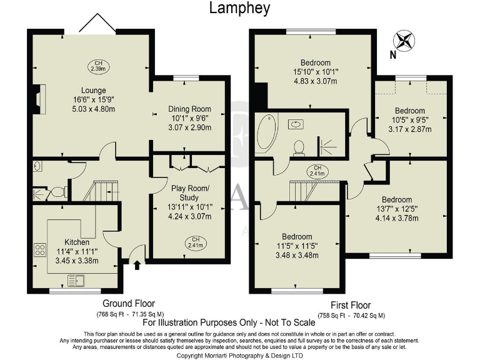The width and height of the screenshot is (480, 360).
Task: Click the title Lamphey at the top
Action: (239, 9)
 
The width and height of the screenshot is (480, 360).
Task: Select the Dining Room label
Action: (190, 109)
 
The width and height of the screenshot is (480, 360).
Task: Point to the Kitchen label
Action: (76, 242)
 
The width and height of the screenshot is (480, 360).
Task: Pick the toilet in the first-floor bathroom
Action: (299, 146)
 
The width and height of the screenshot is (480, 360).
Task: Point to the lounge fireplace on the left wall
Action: (39, 97)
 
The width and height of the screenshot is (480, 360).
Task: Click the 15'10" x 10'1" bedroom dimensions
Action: (315, 72)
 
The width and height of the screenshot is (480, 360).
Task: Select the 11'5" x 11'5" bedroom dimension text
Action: (297, 246)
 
